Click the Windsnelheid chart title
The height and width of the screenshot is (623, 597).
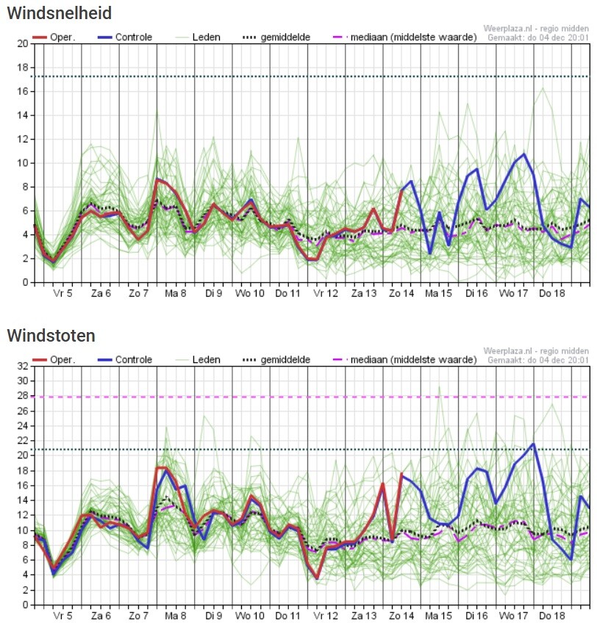click(x=60, y=12)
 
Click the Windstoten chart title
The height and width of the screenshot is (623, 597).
click(x=51, y=336)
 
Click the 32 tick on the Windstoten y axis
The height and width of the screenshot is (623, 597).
click(x=21, y=366)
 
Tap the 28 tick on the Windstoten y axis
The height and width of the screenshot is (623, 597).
click(x=21, y=396)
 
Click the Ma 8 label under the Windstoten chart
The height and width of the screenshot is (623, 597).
click(x=175, y=616)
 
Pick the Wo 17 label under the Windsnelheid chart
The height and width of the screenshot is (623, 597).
click(x=513, y=292)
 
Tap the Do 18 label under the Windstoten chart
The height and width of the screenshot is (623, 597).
click(x=551, y=616)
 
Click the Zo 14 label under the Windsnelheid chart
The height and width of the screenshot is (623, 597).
click(x=401, y=292)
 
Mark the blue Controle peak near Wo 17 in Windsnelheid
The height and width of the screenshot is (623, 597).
click(x=524, y=154)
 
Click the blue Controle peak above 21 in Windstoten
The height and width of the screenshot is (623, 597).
click(x=533, y=444)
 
